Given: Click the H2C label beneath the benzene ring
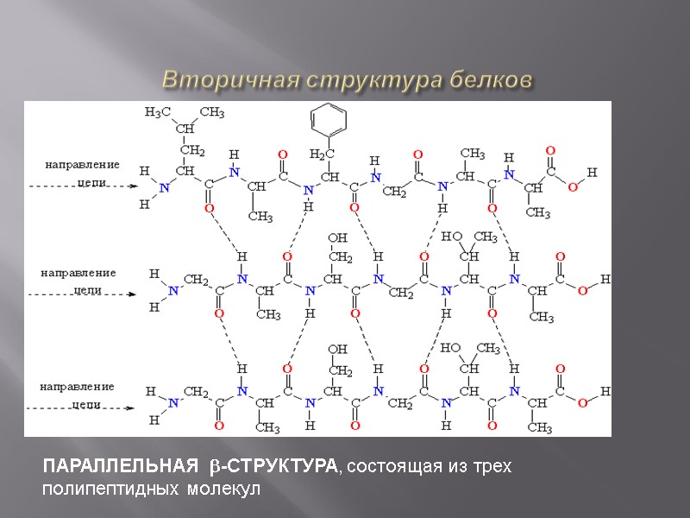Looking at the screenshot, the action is (321, 154).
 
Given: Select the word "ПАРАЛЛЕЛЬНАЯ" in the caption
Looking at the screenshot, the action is (115, 468).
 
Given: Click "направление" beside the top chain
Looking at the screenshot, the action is (82, 164).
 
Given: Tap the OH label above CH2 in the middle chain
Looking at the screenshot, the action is (338, 237).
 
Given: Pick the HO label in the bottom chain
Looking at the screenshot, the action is (449, 348).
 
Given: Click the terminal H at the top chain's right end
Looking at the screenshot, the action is (592, 173).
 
